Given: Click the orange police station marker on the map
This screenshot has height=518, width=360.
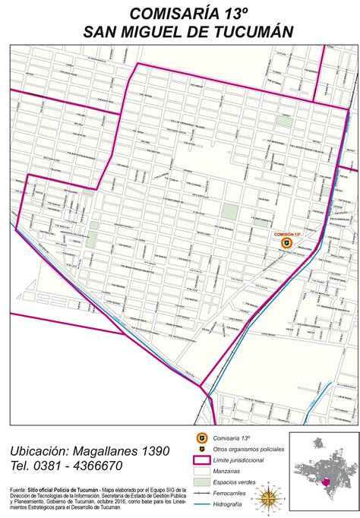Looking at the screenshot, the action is click(x=286, y=243).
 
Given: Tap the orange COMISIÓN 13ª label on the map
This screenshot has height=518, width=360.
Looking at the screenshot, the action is click(x=288, y=234).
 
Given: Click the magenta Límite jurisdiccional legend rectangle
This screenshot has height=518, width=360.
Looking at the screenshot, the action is click(x=201, y=460).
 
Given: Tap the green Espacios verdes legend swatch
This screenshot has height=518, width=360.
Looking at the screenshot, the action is click(x=201, y=482).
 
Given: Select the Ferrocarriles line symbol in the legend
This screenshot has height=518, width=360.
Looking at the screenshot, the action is click(x=201, y=493).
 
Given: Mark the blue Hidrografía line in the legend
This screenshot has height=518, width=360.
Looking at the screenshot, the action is click(x=201, y=504).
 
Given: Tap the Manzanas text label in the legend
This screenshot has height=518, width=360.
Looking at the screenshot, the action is click(x=229, y=472).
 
